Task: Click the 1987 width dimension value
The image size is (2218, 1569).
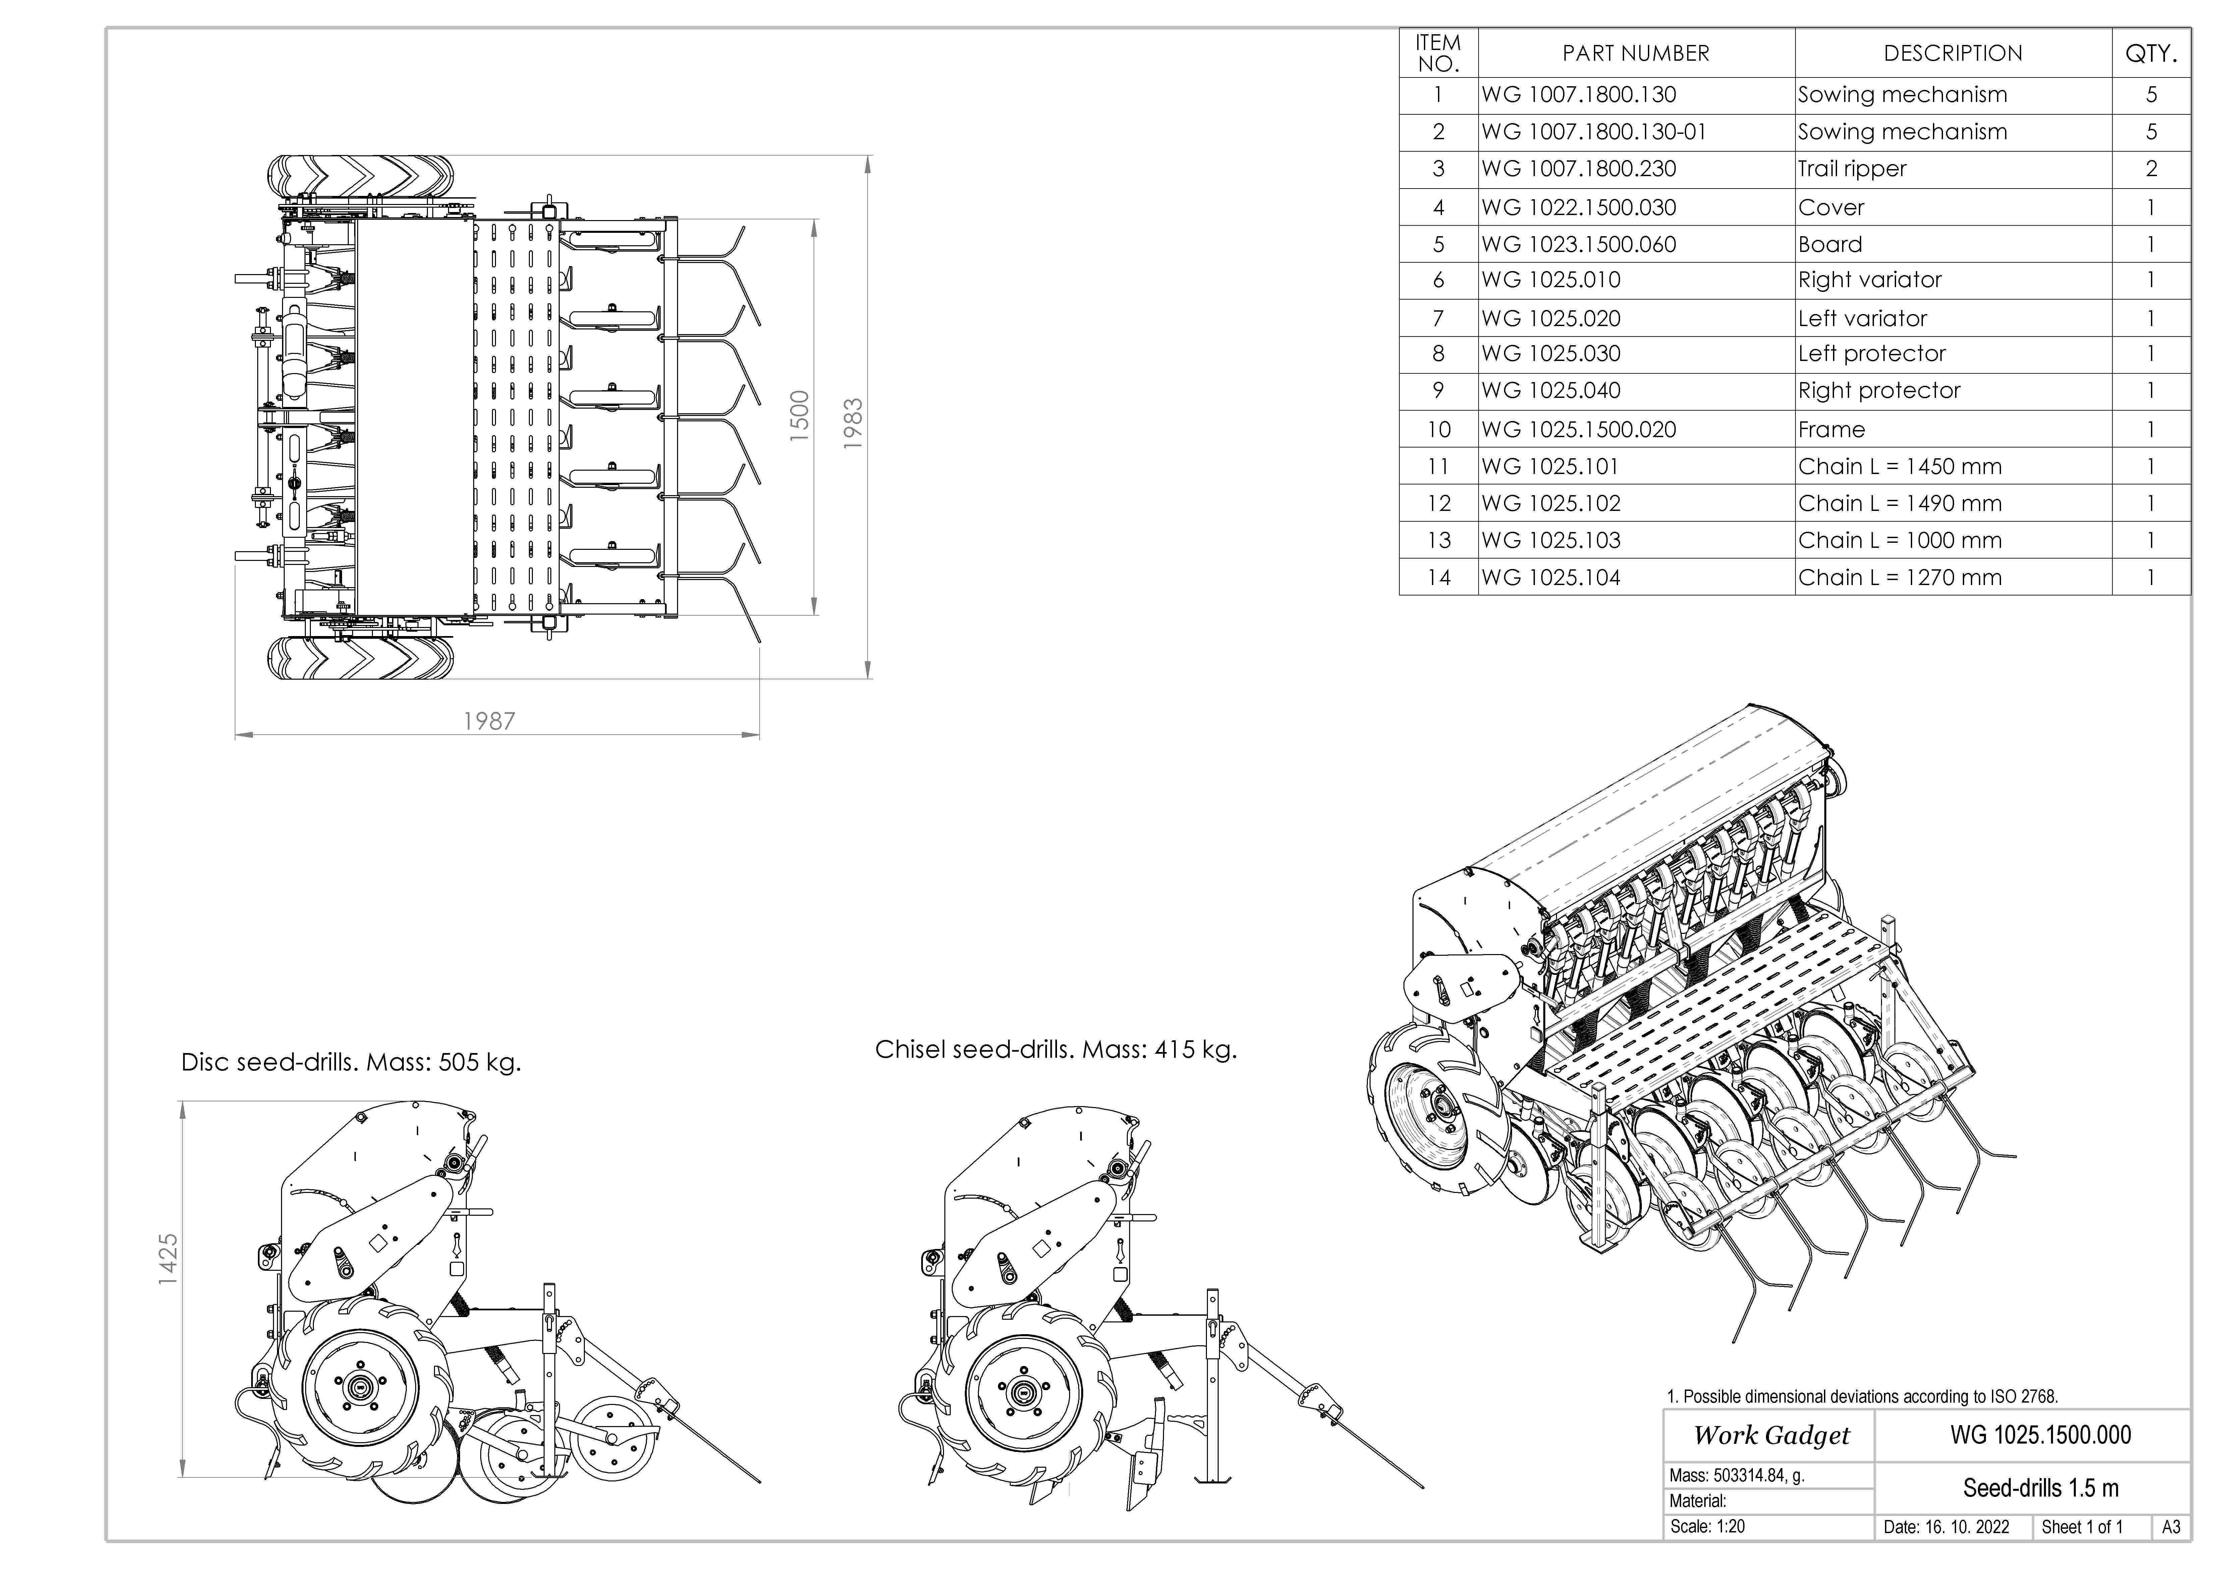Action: pyautogui.click(x=489, y=721)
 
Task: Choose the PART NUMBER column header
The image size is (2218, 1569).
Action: pyautogui.click(x=1635, y=53)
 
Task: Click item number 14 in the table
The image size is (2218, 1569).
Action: pyautogui.click(x=1438, y=578)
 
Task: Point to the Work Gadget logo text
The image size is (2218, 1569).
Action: pyautogui.click(x=1771, y=1435)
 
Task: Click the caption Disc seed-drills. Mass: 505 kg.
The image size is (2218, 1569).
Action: pyautogui.click(x=351, y=1063)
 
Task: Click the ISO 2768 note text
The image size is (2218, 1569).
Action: pyautogui.click(x=1862, y=1396)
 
